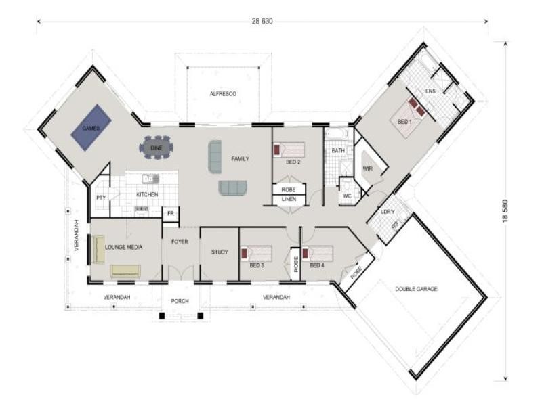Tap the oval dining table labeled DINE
point(157,147)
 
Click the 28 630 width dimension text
point(262,22)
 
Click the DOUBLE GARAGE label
point(416,289)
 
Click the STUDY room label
point(220,252)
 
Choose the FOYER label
point(180,241)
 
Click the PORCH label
point(180,301)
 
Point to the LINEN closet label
point(289,200)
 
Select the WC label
point(347,196)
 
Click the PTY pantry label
point(100,198)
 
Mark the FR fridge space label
point(171,214)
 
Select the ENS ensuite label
point(430,91)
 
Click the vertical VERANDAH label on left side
point(77,235)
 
